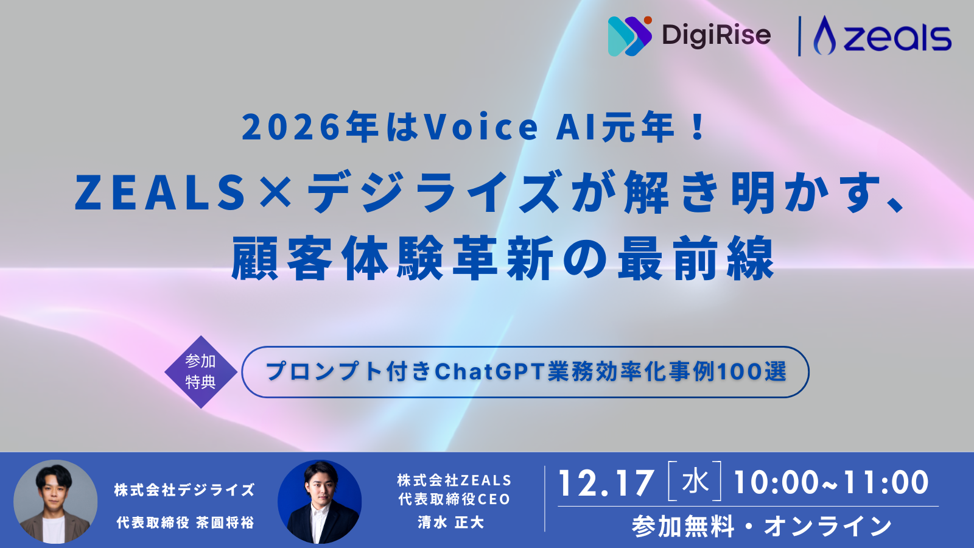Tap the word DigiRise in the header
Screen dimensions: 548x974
pyautogui.click(x=716, y=35)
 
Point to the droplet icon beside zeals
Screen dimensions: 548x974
pyautogui.click(x=825, y=36)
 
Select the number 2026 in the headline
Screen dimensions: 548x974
pyautogui.click(x=292, y=127)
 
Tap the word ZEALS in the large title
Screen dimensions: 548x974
pyautogui.click(x=160, y=193)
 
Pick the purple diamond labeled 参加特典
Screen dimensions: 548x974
pyautogui.click(x=201, y=371)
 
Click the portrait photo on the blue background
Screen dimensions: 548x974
pyautogui.click(x=320, y=502)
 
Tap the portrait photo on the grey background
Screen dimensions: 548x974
pyautogui.click(x=55, y=502)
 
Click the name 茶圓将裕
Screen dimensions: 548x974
pyautogui.click(x=225, y=522)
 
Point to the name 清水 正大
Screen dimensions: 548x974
pyautogui.click(x=450, y=522)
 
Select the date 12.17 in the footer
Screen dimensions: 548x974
pyautogui.click(x=606, y=483)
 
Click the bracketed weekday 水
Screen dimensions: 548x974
pyautogui.click(x=695, y=482)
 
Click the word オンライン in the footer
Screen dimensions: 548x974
pyautogui.click(x=828, y=526)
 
